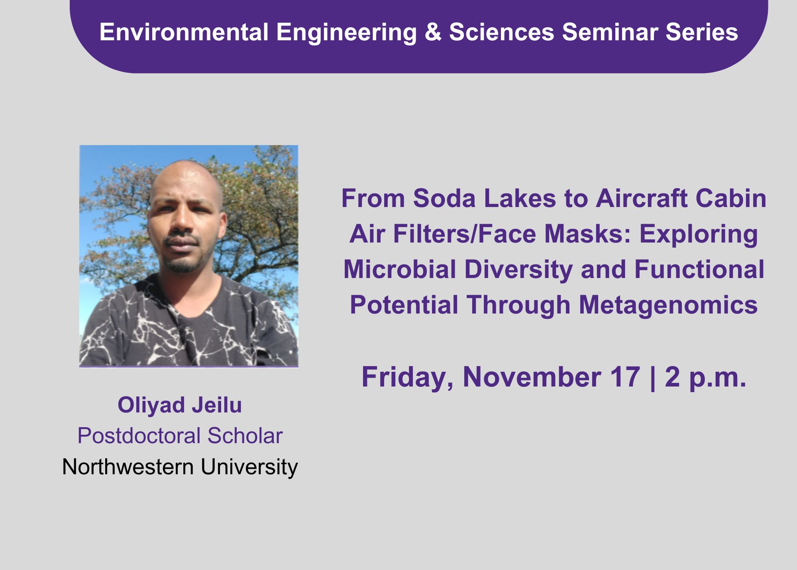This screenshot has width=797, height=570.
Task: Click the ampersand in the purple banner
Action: (433, 32)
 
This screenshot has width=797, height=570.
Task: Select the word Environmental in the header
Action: (184, 32)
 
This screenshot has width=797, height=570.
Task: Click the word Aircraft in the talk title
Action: (642, 198)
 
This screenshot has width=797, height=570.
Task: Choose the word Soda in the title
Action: (444, 198)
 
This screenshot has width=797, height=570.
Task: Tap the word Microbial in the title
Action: (400, 269)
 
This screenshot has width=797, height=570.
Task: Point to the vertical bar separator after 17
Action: (652, 378)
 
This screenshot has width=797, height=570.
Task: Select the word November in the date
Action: (532, 377)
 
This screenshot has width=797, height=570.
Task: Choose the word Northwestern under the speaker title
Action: (128, 467)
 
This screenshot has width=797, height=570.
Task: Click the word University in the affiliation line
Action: (249, 467)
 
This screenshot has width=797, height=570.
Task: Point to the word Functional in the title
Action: (699, 269)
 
